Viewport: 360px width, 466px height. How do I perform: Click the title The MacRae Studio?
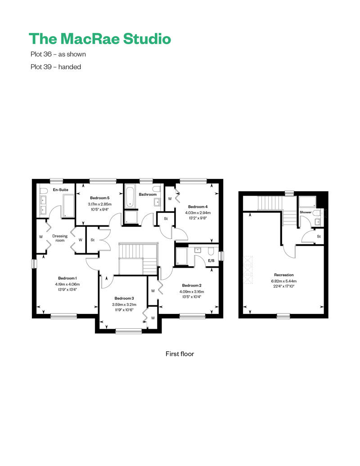tap(100, 39)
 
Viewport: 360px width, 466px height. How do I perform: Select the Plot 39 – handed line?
tap(56, 67)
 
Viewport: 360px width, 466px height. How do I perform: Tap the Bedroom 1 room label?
tap(67, 278)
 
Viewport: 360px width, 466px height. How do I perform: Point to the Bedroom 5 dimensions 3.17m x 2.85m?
tap(99, 204)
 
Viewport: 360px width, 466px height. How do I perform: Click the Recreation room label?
tap(283, 275)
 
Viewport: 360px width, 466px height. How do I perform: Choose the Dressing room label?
tap(60, 238)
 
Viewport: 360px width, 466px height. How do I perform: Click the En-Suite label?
tap(61, 190)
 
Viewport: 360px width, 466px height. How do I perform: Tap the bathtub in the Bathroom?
tap(130, 196)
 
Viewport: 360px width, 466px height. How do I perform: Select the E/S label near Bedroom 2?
tap(211, 260)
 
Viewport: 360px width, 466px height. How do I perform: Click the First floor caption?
tap(180, 354)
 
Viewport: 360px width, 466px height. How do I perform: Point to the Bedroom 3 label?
tap(124, 298)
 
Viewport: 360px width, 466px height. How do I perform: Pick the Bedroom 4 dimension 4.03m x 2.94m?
tap(198, 213)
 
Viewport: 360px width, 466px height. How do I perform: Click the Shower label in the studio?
tap(305, 212)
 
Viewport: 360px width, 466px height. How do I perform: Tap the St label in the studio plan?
tap(319, 237)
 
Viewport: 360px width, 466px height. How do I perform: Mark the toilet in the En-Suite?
tap(44, 191)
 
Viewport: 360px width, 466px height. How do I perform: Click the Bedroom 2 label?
tap(192, 285)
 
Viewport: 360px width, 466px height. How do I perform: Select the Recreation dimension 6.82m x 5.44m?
tap(283, 281)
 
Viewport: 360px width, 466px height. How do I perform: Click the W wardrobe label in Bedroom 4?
tap(170, 198)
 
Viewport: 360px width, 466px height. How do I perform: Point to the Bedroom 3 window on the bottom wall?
tap(128, 331)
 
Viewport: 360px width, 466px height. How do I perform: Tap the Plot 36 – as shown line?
tap(58, 54)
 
